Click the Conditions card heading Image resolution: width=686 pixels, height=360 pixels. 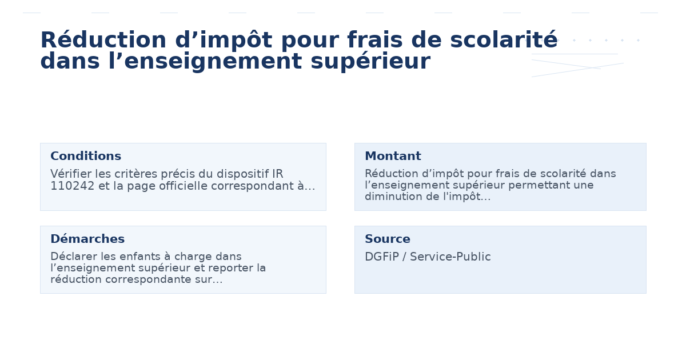point(86,157)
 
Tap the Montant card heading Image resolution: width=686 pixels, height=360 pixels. point(393,157)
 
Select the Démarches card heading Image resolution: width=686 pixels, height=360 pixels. point(87,239)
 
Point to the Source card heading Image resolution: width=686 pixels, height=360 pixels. point(388,239)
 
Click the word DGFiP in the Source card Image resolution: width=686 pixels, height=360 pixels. point(381,257)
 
